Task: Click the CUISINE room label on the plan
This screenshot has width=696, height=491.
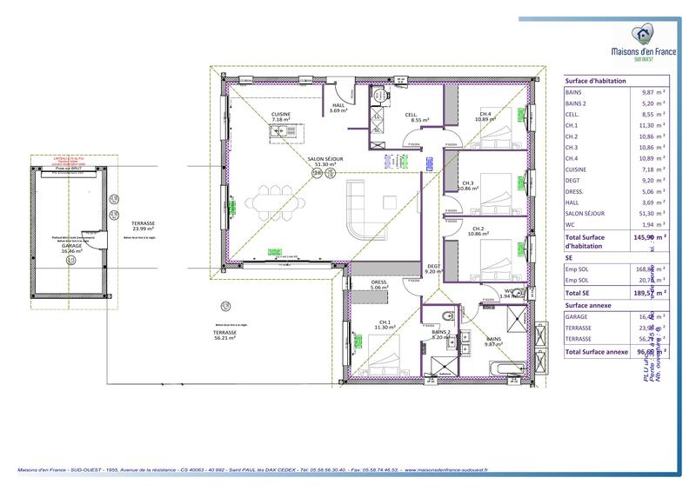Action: pos(281,115)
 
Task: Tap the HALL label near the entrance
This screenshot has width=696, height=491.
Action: pos(338,106)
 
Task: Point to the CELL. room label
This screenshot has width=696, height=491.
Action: pos(412,115)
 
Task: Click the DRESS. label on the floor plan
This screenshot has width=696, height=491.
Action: pos(378,282)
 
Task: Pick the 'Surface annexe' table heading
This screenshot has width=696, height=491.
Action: pos(590,306)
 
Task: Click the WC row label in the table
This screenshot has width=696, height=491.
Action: pos(571,224)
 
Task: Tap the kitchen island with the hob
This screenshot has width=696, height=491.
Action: pos(284,133)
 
